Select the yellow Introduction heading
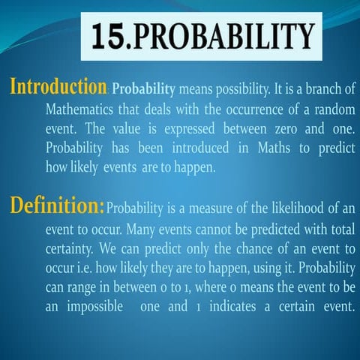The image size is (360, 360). [57, 88]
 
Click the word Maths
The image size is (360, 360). [265, 148]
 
